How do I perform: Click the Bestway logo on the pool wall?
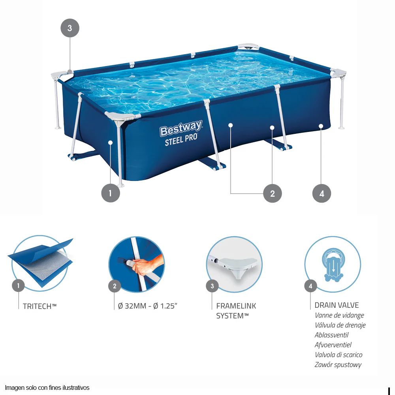tap(181, 128)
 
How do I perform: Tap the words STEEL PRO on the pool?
tap(181, 140)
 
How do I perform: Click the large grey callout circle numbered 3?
tap(70, 28)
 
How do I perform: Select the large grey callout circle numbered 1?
tap(111, 193)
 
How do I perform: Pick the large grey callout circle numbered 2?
tap(272, 193)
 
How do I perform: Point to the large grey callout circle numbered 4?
tap(322, 193)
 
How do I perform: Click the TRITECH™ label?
tap(39, 307)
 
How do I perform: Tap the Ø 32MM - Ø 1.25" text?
tap(148, 306)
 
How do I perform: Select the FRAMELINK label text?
tap(236, 306)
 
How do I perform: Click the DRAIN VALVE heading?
tap(337, 305)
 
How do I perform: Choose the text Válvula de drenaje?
tap(340, 325)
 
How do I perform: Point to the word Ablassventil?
tap(331, 335)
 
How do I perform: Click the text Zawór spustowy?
tap(338, 365)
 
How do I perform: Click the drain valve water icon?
tap(333, 265)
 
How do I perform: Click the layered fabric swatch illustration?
tap(41, 263)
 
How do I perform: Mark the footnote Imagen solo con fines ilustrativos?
tap(47, 387)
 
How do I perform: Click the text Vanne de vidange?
tap(339, 315)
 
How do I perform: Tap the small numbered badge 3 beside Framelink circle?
tap(212, 286)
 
